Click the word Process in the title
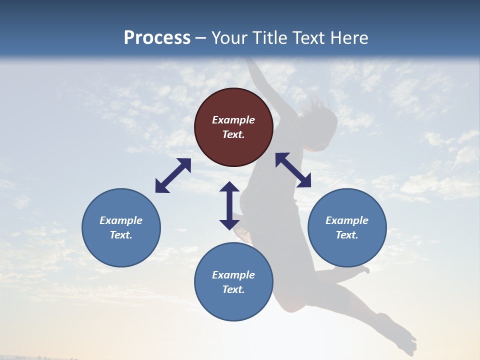click(157, 38)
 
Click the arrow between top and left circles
click(173, 175)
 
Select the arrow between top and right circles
click(293, 170)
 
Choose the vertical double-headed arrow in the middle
click(229, 205)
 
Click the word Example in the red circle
click(233, 120)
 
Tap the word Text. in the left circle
click(121, 235)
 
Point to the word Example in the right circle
click(347, 220)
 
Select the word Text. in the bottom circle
click(233, 289)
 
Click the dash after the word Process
click(200, 38)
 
